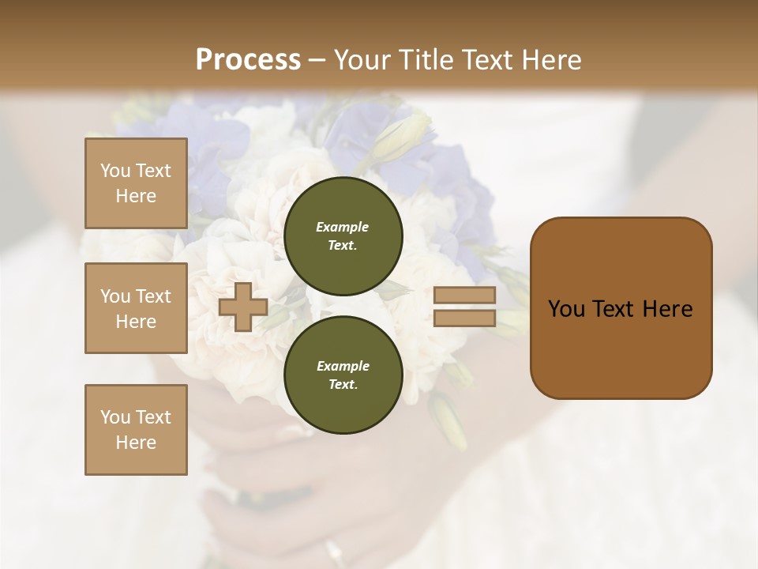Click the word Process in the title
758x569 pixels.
(x=248, y=59)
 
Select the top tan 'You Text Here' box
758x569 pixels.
(x=136, y=183)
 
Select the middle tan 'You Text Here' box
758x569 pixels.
(x=136, y=308)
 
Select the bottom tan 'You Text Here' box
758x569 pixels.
(x=136, y=429)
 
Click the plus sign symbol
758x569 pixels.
(x=242, y=307)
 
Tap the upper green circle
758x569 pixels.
(x=343, y=236)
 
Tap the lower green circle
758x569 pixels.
(x=343, y=375)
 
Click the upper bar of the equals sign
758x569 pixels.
(x=464, y=296)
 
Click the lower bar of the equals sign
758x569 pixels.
(x=464, y=318)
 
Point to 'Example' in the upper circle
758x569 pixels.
(x=343, y=227)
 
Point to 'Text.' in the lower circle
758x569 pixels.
(x=343, y=384)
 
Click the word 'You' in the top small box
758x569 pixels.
(x=114, y=171)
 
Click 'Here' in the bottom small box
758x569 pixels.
(x=136, y=443)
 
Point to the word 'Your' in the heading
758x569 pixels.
(x=359, y=59)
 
